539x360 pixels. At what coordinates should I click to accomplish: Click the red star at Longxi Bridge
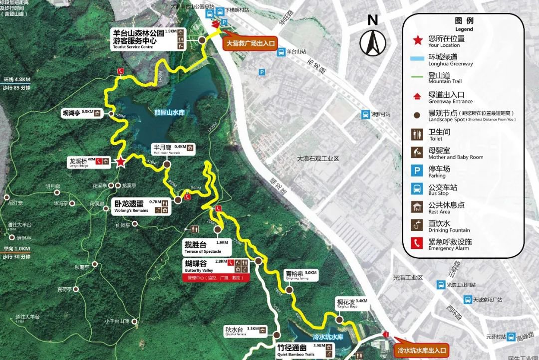tap(120, 162)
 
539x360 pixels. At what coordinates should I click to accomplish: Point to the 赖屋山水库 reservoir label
tap(169, 113)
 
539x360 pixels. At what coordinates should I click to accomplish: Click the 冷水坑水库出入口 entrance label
tap(421, 350)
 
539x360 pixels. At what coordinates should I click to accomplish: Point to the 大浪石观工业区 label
tap(318, 159)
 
